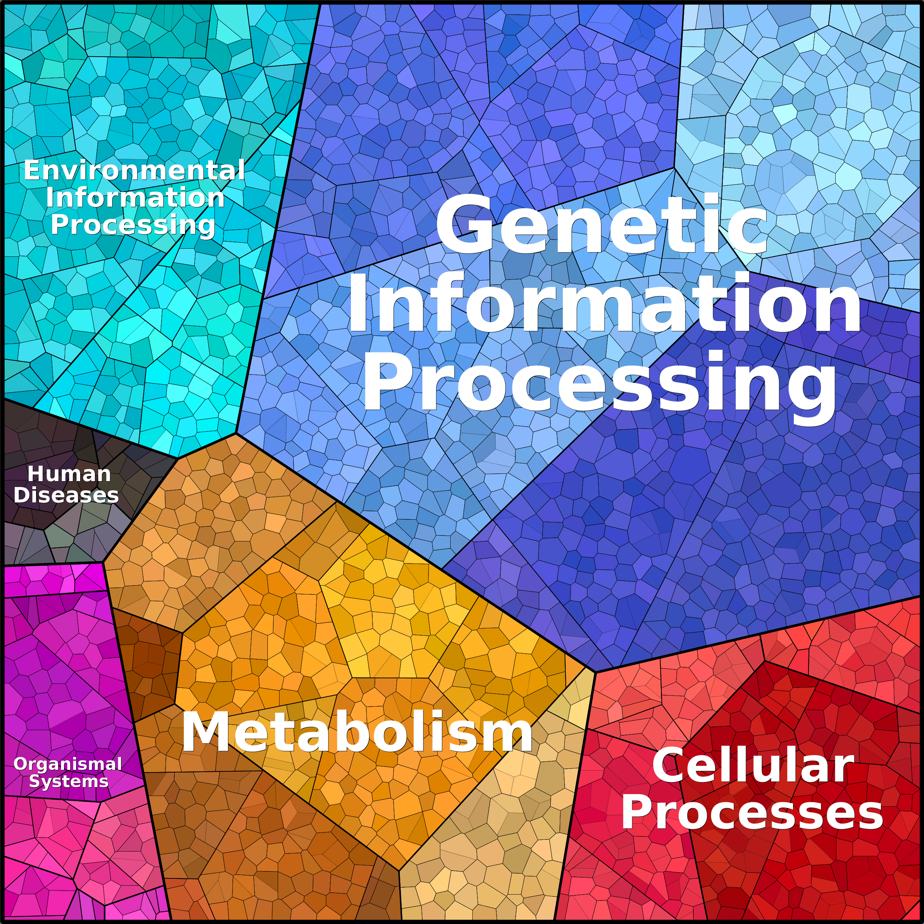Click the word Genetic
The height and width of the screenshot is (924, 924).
click(602, 224)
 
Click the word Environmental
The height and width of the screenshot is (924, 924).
click(134, 170)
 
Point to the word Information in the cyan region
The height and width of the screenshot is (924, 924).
click(135, 198)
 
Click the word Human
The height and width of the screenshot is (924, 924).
click(70, 475)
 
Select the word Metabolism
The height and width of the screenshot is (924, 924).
click(357, 732)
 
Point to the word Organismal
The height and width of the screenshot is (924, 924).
click(68, 764)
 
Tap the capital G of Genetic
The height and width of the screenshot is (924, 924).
click(463, 224)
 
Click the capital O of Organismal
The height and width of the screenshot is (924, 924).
click(21, 764)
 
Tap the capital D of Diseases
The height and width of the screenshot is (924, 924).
click(22, 495)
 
